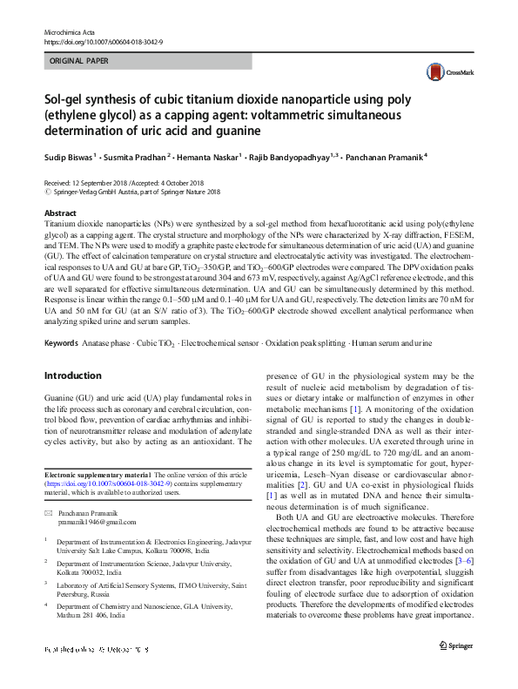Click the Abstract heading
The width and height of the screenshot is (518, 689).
60,213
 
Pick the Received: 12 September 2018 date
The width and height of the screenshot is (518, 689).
100,184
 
